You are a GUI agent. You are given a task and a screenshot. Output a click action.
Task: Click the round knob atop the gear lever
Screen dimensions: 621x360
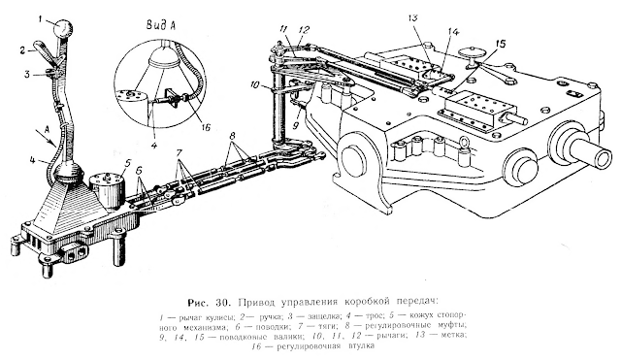(63, 29)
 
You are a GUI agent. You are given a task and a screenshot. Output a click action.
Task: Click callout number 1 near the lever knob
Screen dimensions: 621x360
(41, 18)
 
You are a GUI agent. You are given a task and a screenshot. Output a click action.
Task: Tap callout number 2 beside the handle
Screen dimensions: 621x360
(22, 49)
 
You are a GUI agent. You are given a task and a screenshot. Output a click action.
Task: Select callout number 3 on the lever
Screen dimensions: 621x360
(26, 74)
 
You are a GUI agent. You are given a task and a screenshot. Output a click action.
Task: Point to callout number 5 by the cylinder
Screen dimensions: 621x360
(126, 162)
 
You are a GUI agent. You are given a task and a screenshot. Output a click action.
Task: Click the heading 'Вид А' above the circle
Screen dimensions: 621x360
(161, 26)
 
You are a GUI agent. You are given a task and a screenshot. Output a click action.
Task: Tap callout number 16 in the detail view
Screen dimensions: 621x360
(206, 127)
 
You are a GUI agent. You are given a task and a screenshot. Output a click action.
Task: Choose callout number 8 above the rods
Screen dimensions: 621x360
(233, 135)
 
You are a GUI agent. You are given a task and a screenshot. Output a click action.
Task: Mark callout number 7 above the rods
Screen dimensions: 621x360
(180, 153)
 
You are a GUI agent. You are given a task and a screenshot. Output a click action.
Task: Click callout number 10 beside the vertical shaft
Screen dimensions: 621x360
(255, 84)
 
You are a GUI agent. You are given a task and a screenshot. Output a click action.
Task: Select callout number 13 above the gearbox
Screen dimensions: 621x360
(413, 17)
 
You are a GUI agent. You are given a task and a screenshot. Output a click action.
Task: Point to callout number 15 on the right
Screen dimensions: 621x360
(501, 43)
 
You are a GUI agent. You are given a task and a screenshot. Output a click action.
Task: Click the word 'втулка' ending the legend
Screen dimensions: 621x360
(360, 346)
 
